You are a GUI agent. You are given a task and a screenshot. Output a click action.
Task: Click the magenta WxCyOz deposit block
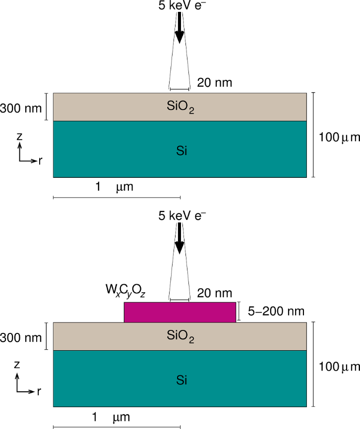pyautogui.click(x=180, y=312)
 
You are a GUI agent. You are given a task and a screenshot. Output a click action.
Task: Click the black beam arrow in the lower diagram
pyautogui.click(x=180, y=242)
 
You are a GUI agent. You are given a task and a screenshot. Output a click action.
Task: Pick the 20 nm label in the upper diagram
pyautogui.click(x=215, y=82)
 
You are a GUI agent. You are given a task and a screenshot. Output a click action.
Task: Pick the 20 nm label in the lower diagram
pyautogui.click(x=215, y=293)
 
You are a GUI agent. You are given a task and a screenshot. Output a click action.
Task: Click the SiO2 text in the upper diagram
pyautogui.click(x=181, y=107)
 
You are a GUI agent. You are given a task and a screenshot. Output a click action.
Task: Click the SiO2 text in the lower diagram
pyautogui.click(x=181, y=336)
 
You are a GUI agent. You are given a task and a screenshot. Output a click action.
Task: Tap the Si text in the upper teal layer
pyautogui.click(x=181, y=150)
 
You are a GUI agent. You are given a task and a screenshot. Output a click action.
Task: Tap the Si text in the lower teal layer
pyautogui.click(x=181, y=379)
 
